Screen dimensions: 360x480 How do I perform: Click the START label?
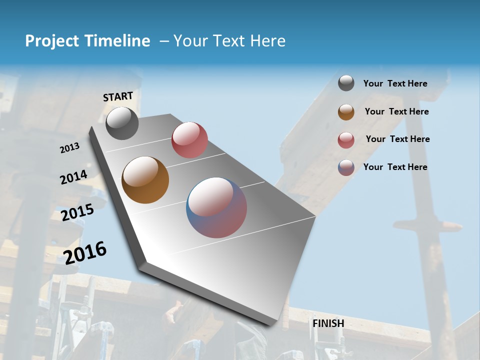(x=118, y=96)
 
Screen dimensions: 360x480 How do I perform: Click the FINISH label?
(x=328, y=323)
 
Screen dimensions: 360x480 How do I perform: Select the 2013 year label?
(x=70, y=148)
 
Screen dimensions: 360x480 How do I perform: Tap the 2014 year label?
(x=73, y=177)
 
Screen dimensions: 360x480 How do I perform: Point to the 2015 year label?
(x=77, y=212)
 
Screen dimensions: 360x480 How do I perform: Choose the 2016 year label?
(x=85, y=252)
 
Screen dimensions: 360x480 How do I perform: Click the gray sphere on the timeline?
(x=122, y=123)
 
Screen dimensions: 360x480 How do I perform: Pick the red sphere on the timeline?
(x=189, y=140)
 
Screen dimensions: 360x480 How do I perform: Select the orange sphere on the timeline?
(x=145, y=180)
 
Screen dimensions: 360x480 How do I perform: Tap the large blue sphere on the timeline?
(x=216, y=207)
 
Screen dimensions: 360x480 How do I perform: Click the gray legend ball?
(x=346, y=83)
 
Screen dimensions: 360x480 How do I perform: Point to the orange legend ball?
(x=346, y=112)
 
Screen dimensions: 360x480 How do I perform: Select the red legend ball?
(x=346, y=140)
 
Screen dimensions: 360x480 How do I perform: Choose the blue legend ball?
(x=346, y=167)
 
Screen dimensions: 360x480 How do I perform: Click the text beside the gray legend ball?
(x=395, y=83)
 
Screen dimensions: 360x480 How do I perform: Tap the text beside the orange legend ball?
(x=396, y=111)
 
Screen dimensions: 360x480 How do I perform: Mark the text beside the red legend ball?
(x=397, y=139)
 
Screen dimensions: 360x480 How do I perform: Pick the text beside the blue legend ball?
(x=395, y=167)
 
